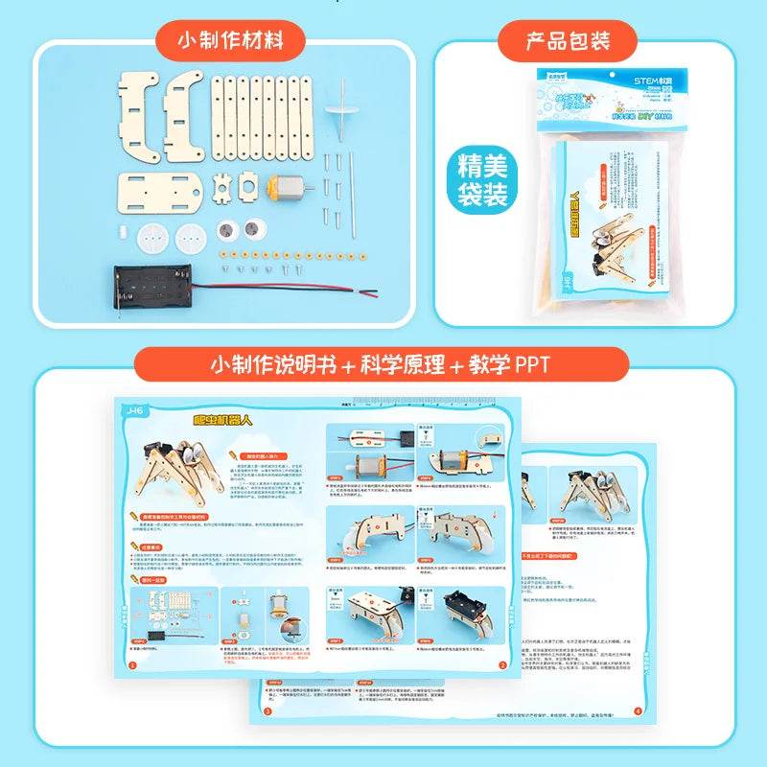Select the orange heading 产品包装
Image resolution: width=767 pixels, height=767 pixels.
(x=568, y=41)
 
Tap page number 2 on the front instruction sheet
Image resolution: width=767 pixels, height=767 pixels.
(x=502, y=663)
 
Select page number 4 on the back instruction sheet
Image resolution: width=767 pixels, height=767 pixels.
(x=639, y=710)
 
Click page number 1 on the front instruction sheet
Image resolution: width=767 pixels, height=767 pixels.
(x=132, y=663)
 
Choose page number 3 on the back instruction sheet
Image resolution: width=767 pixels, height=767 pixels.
(x=267, y=711)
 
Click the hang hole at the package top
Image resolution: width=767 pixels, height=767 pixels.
(x=602, y=73)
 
